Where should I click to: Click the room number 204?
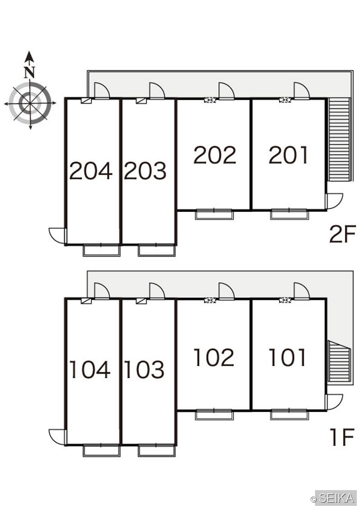tap(90, 170)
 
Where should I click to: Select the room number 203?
tap(145, 170)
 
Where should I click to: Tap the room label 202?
tap(215, 155)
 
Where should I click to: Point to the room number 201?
tap(288, 155)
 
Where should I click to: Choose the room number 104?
tap(90, 370)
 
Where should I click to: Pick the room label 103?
tap(144, 370)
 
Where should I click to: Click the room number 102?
tap(214, 357)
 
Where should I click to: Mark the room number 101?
tap(288, 357)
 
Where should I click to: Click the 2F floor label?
tap(342, 234)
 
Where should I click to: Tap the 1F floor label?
tap(342, 437)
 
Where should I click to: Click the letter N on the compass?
tap(30, 72)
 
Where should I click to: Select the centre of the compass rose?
tap(30, 103)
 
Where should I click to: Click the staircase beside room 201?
tap(339, 139)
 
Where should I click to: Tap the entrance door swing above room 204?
tap(102, 90)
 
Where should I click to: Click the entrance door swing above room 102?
tap(226, 291)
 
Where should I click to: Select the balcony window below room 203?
tap(157, 250)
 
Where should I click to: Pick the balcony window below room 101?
tap(289, 415)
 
